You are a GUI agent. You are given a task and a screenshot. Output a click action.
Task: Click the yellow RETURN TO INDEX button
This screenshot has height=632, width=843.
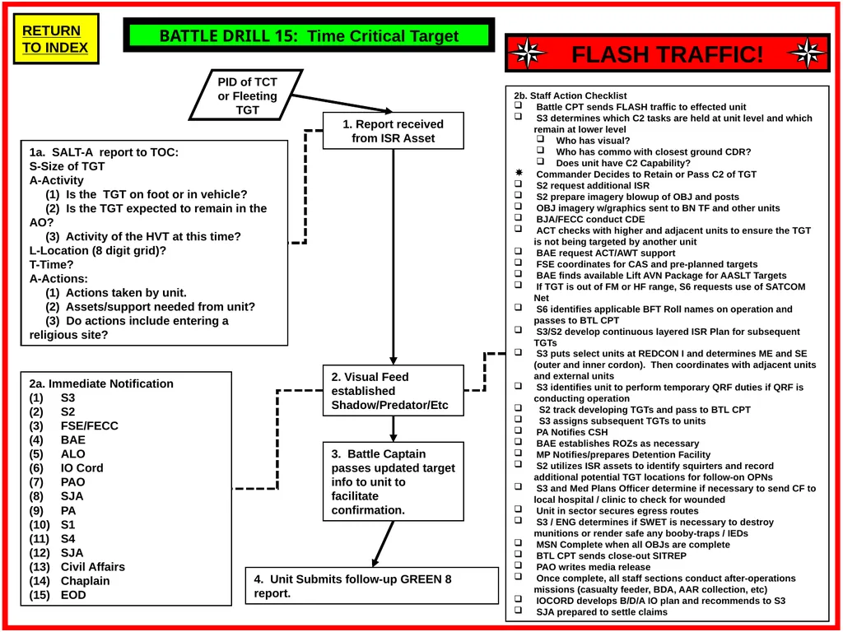click(56, 39)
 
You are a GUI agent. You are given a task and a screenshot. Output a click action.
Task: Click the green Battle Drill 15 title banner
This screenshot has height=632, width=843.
click(310, 35)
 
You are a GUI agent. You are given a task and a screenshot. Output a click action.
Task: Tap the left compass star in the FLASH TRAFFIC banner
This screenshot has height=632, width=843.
click(528, 53)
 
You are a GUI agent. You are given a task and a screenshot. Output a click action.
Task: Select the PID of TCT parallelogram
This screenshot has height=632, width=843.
click(247, 95)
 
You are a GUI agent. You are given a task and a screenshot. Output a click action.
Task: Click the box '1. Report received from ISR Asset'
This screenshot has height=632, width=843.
click(393, 131)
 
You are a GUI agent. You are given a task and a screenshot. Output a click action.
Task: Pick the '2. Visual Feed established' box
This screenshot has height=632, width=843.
click(393, 391)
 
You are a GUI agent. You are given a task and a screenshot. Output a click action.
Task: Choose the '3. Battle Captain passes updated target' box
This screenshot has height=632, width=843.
click(393, 481)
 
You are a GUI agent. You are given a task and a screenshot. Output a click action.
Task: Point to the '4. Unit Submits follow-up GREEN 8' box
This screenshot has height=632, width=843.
click(372, 585)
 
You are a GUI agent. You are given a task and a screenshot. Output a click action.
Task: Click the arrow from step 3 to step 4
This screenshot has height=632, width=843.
click(383, 544)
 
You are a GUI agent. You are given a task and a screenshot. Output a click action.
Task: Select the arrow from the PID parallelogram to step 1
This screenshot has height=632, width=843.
click(342, 103)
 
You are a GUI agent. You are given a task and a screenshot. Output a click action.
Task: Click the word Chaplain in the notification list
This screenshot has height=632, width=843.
click(85, 581)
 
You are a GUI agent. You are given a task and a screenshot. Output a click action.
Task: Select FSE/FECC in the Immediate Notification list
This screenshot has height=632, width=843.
click(89, 425)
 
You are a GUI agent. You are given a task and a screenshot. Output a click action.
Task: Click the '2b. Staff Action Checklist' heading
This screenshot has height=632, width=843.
click(570, 95)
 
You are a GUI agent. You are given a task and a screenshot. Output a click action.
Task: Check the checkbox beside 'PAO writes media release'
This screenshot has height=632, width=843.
click(519, 565)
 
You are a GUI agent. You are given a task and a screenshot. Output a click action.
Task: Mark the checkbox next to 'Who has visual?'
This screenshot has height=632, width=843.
click(540, 139)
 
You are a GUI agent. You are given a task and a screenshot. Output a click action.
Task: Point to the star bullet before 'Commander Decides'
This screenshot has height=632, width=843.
click(519, 173)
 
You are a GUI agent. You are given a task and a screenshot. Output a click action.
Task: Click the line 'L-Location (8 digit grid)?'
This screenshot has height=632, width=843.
click(98, 250)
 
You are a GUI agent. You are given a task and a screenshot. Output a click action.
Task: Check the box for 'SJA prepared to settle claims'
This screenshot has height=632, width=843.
click(519, 610)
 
